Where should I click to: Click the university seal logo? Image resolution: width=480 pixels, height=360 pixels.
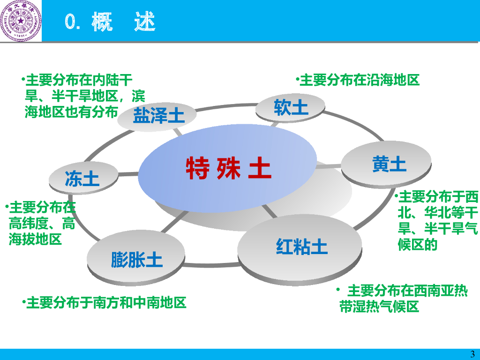21,21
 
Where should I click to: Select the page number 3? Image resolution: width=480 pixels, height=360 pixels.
472,354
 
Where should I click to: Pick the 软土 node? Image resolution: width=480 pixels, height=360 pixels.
291,108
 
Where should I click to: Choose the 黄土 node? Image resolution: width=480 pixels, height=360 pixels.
389,165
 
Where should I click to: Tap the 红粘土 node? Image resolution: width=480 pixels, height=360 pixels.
301,247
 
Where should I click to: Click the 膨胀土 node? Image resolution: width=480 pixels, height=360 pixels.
136,259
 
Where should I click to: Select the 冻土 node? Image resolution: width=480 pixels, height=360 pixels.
82,179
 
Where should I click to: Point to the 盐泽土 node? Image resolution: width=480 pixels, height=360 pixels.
158,115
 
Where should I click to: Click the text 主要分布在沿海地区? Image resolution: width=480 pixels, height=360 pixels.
359,80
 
